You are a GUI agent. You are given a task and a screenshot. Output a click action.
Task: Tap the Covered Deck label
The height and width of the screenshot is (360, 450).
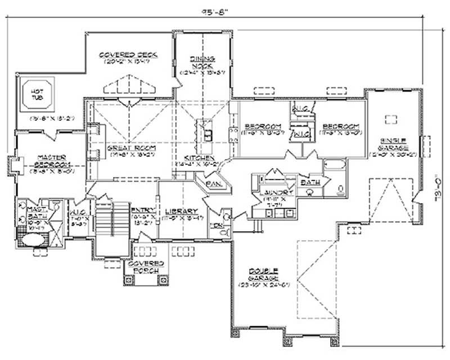[x=128, y=55]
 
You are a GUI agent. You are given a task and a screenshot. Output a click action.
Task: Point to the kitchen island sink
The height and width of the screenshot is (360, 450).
[x=208, y=134]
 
